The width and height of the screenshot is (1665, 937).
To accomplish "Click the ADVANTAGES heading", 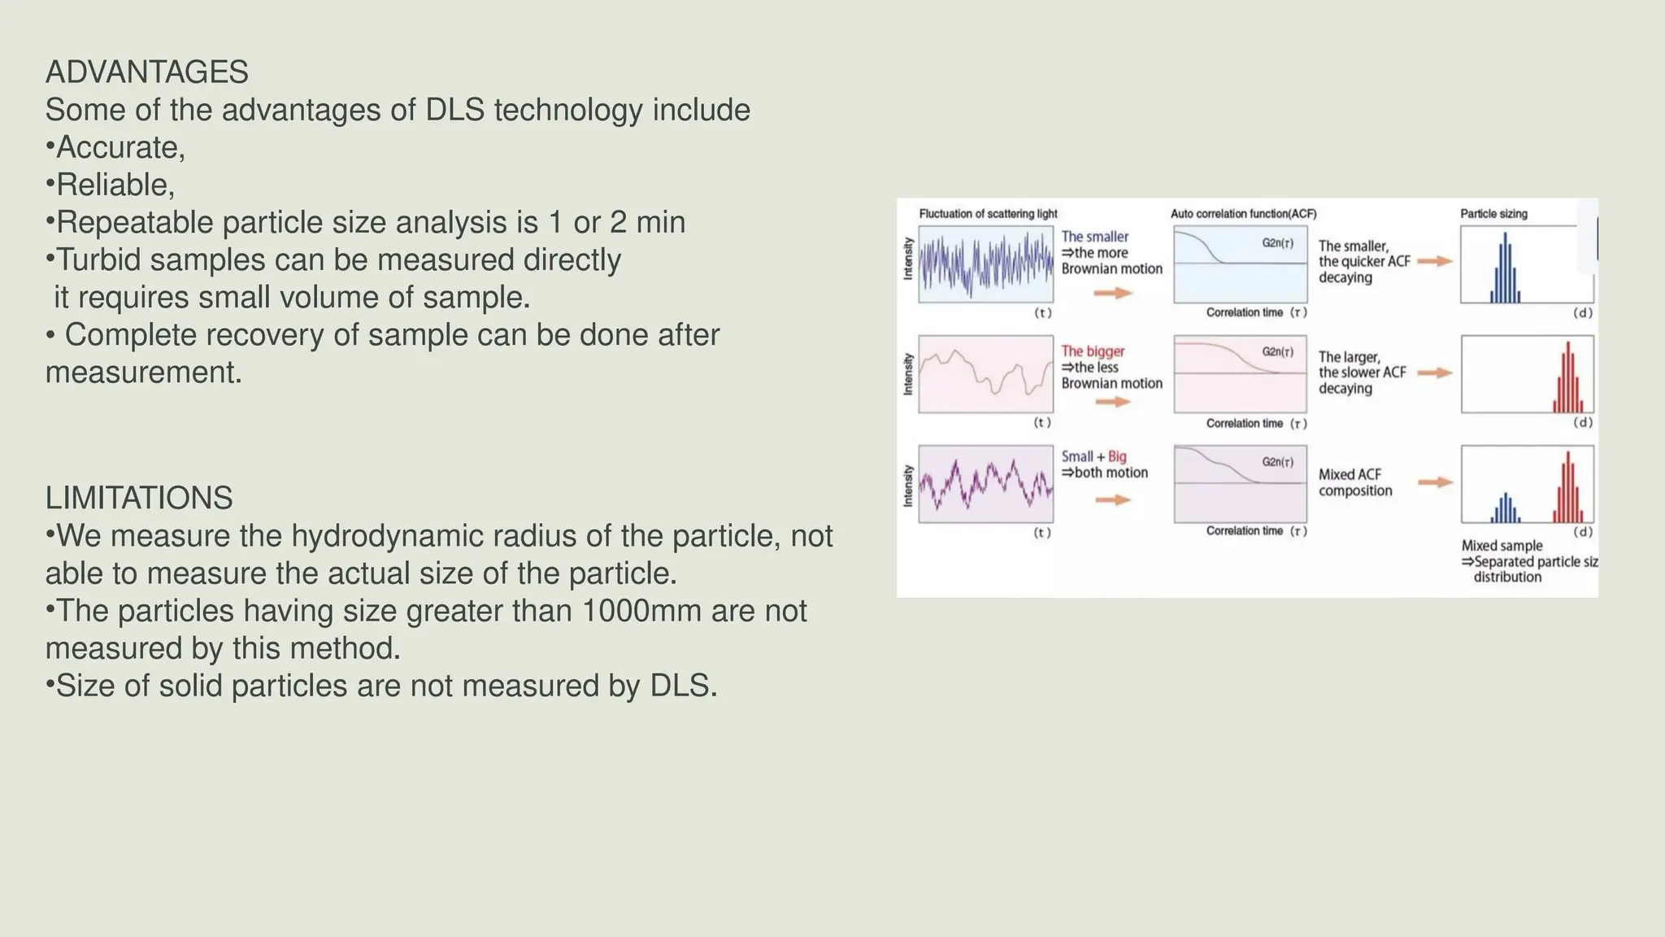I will click(x=146, y=72).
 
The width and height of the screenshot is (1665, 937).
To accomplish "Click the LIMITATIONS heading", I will click(x=139, y=498).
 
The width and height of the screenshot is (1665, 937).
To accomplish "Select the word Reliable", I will click(x=113, y=185).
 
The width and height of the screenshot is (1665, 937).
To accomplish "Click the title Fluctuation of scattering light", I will click(x=988, y=214).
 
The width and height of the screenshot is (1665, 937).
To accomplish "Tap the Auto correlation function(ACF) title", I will click(x=1243, y=214).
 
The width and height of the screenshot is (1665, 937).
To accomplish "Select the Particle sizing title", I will click(x=1493, y=214).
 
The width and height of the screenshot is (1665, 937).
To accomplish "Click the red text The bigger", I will click(x=1093, y=351).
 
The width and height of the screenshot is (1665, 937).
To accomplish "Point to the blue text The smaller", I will click(x=1095, y=237).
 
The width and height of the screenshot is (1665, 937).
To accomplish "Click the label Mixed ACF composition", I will click(x=1354, y=482).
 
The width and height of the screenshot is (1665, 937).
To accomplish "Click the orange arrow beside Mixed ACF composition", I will click(x=1435, y=482).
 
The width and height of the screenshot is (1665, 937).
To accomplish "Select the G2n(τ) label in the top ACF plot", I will click(x=1277, y=243).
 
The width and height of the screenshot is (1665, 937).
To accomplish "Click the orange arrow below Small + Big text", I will click(x=1113, y=499).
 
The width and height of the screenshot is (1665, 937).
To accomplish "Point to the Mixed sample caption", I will click(x=1502, y=546).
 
